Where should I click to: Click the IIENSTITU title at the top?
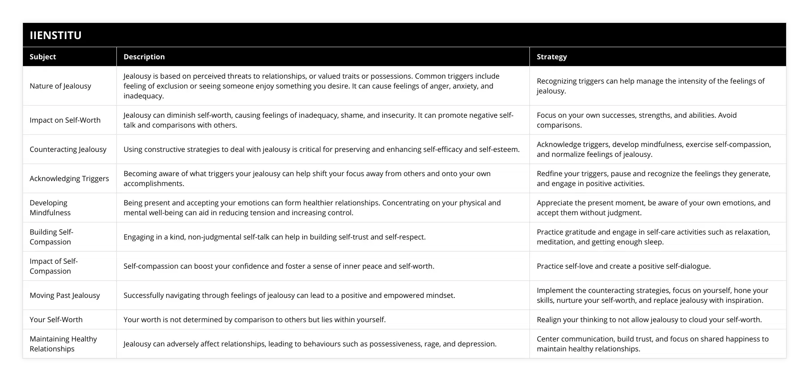(55, 35)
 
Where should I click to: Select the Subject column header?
(43, 57)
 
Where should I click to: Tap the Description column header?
(144, 57)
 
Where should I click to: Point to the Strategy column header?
(551, 57)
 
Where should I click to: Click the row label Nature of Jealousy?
(60, 86)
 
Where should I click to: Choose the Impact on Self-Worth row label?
(65, 120)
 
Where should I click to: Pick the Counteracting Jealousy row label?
(68, 149)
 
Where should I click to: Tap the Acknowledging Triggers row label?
(69, 178)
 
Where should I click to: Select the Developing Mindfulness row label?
(50, 208)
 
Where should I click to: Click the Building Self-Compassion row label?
(51, 237)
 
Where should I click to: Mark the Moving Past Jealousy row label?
(65, 295)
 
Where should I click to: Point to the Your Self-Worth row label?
(56, 319)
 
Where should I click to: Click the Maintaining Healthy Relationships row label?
(63, 344)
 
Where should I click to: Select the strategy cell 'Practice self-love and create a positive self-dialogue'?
(623, 266)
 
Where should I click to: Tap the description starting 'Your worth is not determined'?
(254, 319)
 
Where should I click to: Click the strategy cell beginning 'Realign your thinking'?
(649, 319)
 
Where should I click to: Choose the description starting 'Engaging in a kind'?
(274, 237)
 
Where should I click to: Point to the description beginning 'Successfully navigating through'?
(289, 295)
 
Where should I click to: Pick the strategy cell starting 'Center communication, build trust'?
(652, 344)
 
